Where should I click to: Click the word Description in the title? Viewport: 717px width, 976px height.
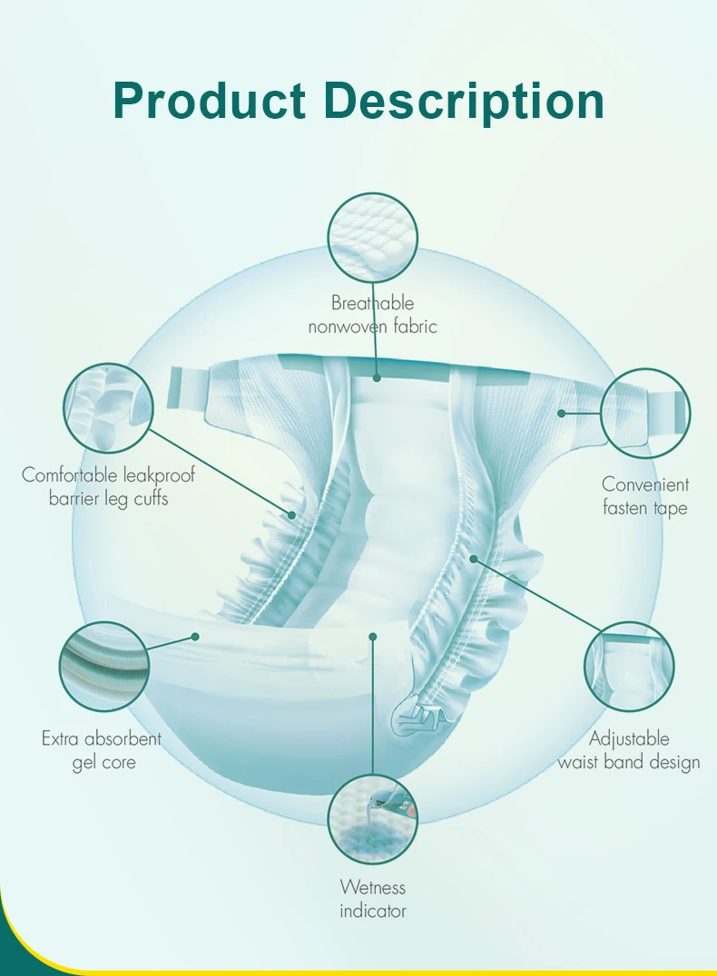(x=464, y=102)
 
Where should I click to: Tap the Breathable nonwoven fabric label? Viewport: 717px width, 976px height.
(x=372, y=315)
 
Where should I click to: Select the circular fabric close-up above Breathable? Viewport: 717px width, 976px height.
(x=372, y=239)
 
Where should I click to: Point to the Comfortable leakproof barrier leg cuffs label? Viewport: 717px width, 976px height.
(x=108, y=486)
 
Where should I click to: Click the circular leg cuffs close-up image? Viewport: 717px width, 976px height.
(x=109, y=409)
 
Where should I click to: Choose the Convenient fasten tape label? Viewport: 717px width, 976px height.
(x=645, y=496)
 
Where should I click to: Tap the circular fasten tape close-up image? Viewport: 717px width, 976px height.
(x=645, y=413)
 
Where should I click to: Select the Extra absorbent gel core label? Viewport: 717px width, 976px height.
(x=103, y=750)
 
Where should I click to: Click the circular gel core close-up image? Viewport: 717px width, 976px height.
(x=104, y=667)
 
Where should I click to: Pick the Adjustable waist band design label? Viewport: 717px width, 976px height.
(x=629, y=750)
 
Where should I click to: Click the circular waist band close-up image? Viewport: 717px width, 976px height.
(x=629, y=667)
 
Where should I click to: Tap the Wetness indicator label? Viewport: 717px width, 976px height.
(x=372, y=898)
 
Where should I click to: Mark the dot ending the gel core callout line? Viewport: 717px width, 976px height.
(x=195, y=637)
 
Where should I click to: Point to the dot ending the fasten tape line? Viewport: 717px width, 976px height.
(x=562, y=413)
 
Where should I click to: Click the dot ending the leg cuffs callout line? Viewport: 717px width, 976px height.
(x=292, y=515)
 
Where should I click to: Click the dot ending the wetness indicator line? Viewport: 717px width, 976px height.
(x=372, y=637)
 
